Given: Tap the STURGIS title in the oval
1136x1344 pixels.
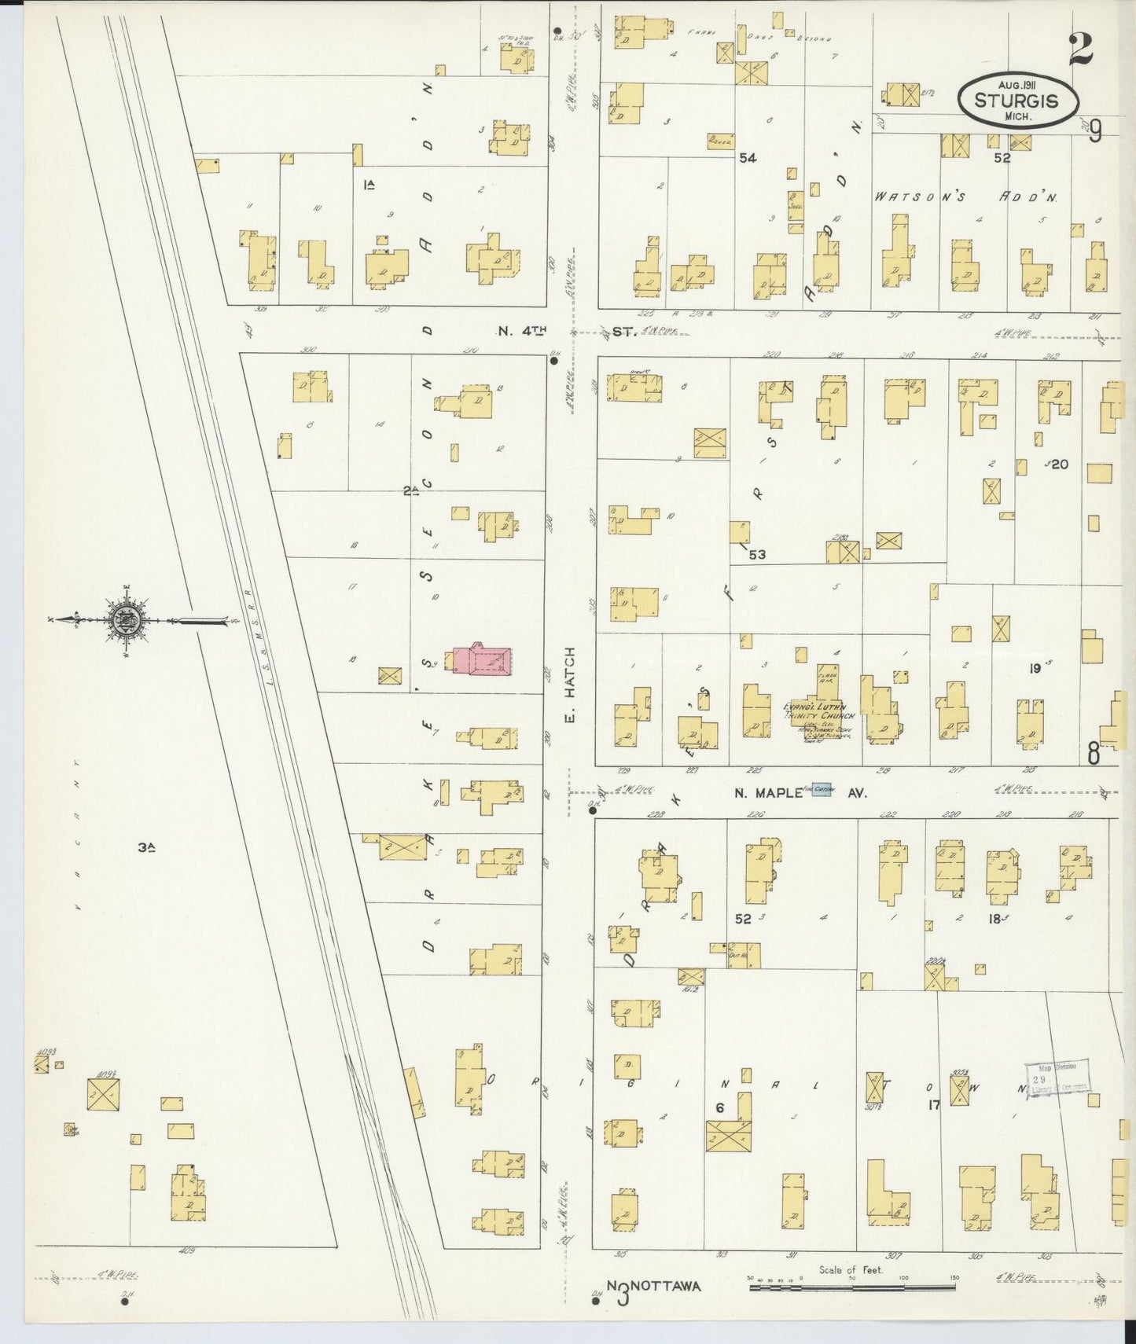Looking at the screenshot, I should pyautogui.click(x=1016, y=101).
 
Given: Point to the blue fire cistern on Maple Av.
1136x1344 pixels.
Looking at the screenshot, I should pyautogui.click(x=822, y=791).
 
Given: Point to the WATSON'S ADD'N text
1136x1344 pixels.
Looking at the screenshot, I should pyautogui.click(x=966, y=198).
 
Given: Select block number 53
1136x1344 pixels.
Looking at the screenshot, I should pyautogui.click(x=757, y=555).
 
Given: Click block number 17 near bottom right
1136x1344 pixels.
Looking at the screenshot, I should pyautogui.click(x=934, y=1104).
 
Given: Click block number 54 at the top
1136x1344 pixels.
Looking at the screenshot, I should pyautogui.click(x=747, y=158).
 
